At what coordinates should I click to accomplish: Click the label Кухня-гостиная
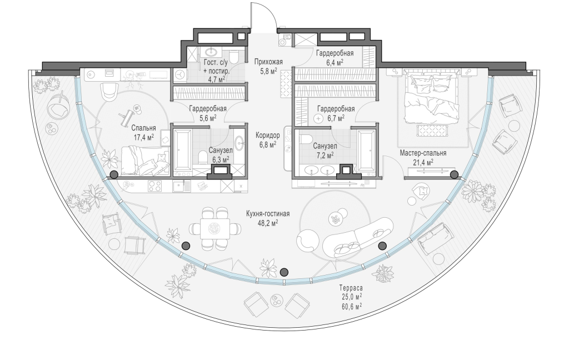pyautogui.click(x=268, y=214)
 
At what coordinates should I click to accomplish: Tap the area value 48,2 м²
pyautogui.click(x=268, y=223)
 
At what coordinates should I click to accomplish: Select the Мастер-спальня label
pyautogui.click(x=423, y=153)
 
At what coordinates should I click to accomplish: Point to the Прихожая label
pyautogui.click(x=268, y=62)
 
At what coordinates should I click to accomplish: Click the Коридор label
pyautogui.click(x=267, y=136)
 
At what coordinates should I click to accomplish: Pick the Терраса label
pyautogui.click(x=351, y=288)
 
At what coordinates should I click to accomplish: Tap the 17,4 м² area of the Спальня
pyautogui.click(x=144, y=137)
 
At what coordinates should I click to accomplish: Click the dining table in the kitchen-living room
pyautogui.click(x=215, y=228)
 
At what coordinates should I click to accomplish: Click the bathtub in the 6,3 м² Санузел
pyautogui.click(x=182, y=150)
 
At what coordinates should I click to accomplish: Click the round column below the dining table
pyautogui.click(x=284, y=272)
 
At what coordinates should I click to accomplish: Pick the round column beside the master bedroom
pyautogui.click(x=453, y=174)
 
